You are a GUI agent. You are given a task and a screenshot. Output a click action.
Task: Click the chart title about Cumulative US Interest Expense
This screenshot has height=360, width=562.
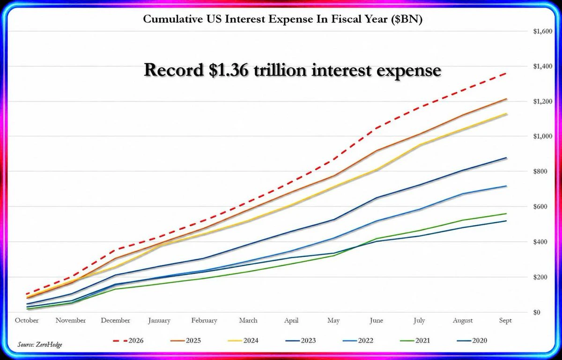pyautogui.click(x=283, y=19)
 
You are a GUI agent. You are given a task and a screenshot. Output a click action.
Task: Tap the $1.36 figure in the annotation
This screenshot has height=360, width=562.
pyautogui.click(x=229, y=70)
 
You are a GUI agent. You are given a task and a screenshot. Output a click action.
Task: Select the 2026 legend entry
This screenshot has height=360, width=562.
pyautogui.click(x=128, y=341)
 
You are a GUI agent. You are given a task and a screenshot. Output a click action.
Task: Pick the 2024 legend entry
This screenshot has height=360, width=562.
pyautogui.click(x=243, y=341)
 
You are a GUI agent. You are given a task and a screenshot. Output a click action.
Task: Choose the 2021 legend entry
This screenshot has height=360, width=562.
pyautogui.click(x=415, y=341)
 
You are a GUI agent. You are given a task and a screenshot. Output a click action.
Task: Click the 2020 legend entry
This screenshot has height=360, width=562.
pyautogui.click(x=472, y=341)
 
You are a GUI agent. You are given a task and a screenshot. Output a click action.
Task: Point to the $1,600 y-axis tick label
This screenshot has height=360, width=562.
pyautogui.click(x=543, y=31)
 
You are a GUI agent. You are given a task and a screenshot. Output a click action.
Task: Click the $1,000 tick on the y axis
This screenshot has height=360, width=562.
pyautogui.click(x=543, y=136)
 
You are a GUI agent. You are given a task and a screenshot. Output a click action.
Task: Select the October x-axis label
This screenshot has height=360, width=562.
pyautogui.click(x=27, y=320)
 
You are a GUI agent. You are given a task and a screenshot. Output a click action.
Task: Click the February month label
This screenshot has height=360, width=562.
pyautogui.click(x=204, y=321)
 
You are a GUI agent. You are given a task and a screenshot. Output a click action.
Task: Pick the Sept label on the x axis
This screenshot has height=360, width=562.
pyautogui.click(x=505, y=321)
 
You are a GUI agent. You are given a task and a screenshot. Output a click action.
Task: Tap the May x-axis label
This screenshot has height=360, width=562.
pyautogui.click(x=333, y=321)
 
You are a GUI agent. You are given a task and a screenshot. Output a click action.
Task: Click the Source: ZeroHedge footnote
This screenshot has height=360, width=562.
pyautogui.click(x=40, y=345)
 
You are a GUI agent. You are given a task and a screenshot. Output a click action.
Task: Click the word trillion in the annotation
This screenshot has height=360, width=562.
pyautogui.click(x=280, y=70)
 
